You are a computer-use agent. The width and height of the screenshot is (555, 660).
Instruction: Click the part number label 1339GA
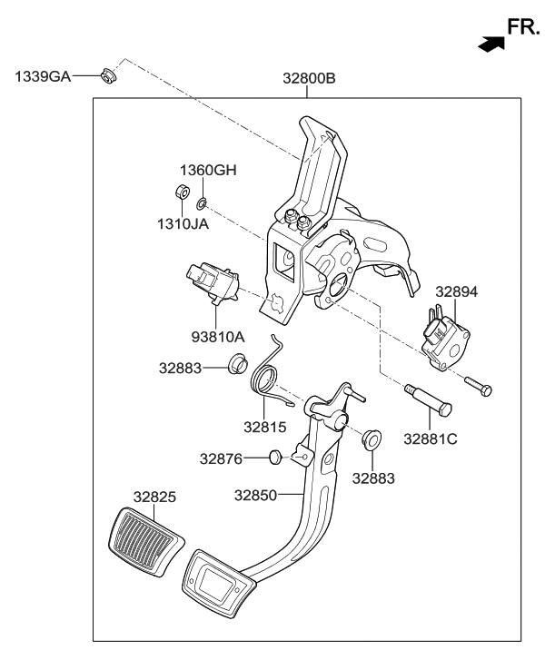click(42, 76)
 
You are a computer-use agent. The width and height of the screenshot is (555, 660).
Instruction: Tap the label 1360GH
click(207, 170)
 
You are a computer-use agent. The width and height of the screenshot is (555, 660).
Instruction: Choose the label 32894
click(455, 292)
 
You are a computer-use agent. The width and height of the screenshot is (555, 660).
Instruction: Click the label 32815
click(264, 425)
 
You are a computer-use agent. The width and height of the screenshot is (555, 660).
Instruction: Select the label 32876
click(222, 458)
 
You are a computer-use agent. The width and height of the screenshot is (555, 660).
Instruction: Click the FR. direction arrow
click(491, 42)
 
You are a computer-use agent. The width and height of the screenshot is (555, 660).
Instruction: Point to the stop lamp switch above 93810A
click(212, 281)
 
